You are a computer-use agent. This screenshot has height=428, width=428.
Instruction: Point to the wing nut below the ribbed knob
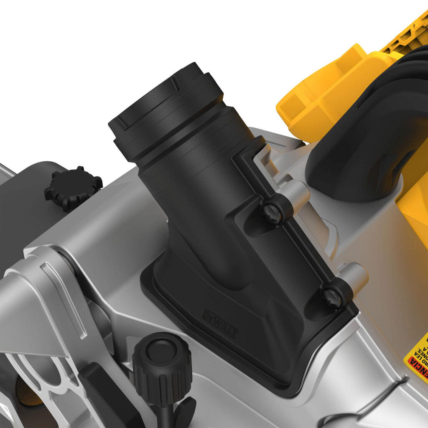pos(182,412)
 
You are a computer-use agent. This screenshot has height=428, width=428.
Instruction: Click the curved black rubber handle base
pos(355,159)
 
